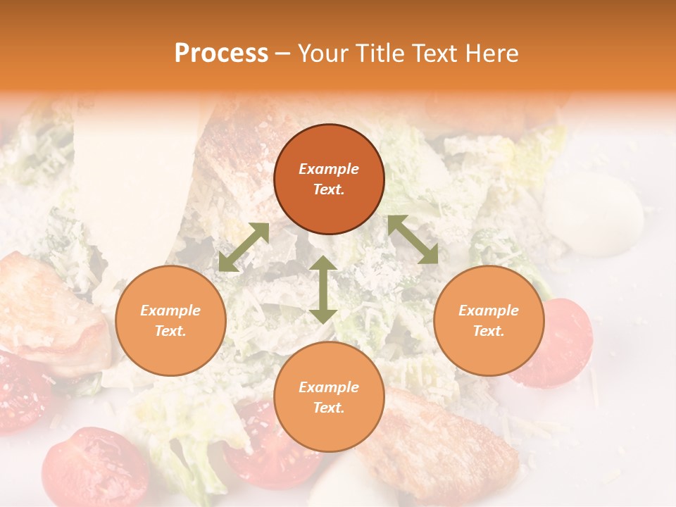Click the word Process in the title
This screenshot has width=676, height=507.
(x=221, y=54)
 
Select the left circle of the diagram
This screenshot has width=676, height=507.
(x=170, y=320)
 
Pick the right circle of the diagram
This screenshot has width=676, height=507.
(x=489, y=320)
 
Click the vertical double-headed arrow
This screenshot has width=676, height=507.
(x=323, y=289)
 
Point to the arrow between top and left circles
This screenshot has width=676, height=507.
(x=244, y=247)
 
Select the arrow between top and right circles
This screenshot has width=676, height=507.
(x=413, y=239)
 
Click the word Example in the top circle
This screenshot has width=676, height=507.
(x=329, y=169)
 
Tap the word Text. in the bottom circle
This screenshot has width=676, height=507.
(x=329, y=408)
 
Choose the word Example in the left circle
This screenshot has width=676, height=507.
(x=170, y=311)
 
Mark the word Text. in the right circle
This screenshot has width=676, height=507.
(x=489, y=331)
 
